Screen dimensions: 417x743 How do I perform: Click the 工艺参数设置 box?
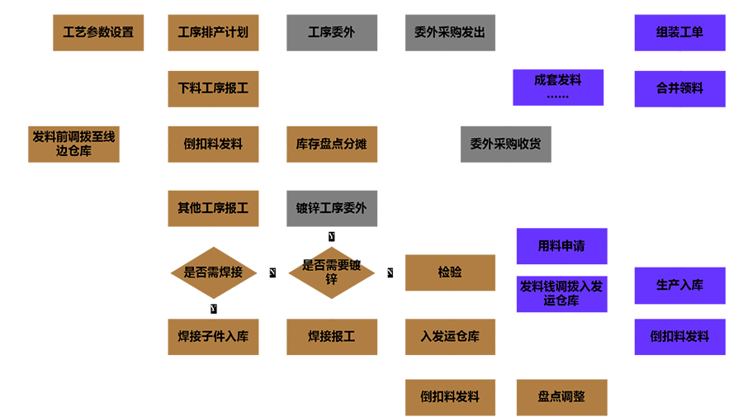pos(98,33)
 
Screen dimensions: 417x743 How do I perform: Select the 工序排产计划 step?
pos(213,33)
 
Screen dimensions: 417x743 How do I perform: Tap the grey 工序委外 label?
pos(331,33)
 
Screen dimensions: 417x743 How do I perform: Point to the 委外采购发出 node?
pos(450,33)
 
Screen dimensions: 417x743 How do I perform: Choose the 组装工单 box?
pos(679,33)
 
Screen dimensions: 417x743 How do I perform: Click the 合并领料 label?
pos(679,88)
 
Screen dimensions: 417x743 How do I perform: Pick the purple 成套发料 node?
pos(558,81)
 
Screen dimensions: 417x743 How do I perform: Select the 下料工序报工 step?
pos(213,88)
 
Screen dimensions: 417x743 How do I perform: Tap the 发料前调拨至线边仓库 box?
pos(74,144)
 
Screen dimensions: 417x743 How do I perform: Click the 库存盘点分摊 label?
pos(331,144)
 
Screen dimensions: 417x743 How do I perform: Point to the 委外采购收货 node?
pos(505,144)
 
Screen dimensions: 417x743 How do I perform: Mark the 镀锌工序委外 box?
pos(331,208)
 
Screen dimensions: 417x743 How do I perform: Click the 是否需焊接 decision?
pos(213,272)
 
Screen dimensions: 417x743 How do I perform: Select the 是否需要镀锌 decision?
pos(331,272)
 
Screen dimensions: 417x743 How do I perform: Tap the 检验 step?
pos(450,272)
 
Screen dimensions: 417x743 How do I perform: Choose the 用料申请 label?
pos(561,246)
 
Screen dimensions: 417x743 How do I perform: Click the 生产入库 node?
pos(679,285)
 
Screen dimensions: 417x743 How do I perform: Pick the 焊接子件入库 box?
pos(213,336)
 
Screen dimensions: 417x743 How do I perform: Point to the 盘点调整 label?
pos(561,396)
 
